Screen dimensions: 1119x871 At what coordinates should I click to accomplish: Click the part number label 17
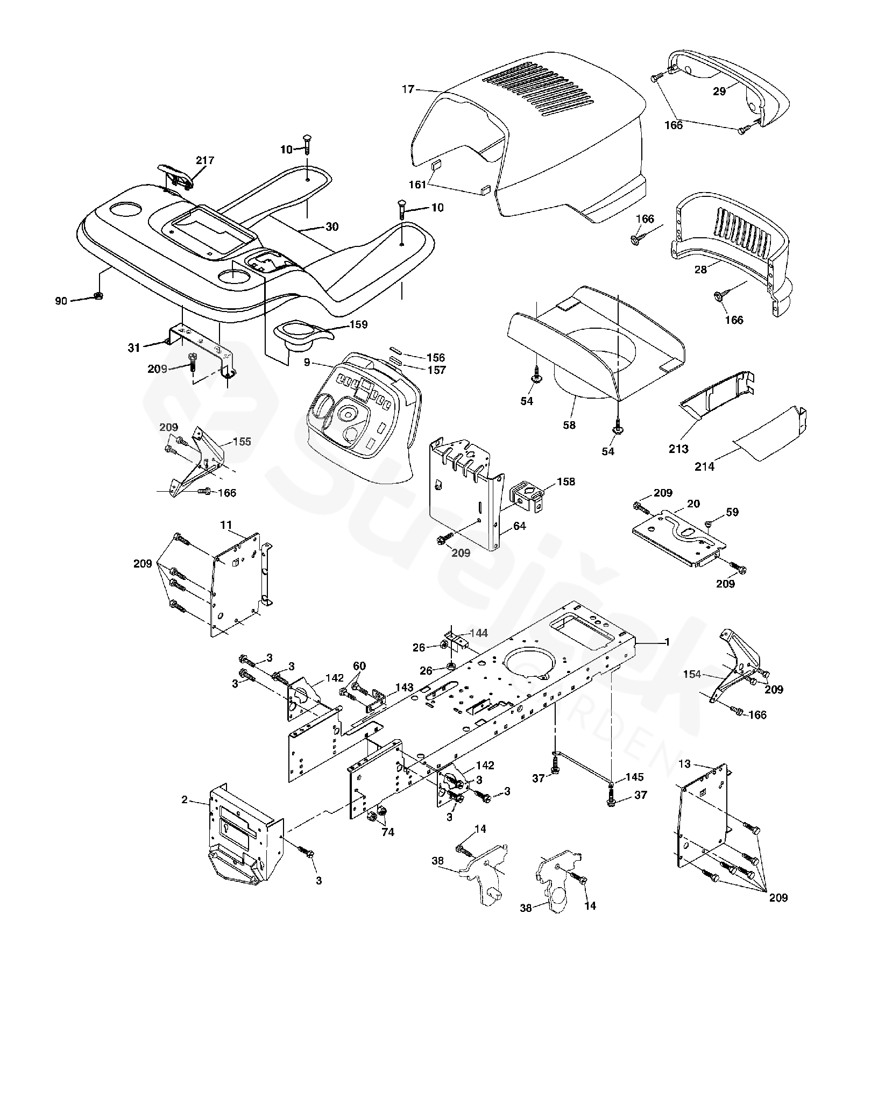[x=408, y=89]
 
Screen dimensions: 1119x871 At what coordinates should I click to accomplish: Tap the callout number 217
[x=205, y=160]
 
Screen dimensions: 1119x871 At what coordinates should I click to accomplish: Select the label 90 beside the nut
[x=61, y=301]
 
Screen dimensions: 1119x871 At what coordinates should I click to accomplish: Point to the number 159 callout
[x=358, y=324]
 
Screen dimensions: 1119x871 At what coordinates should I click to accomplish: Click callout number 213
[x=678, y=448]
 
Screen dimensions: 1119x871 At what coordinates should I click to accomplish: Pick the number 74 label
[x=387, y=832]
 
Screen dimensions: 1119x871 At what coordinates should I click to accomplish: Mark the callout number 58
[x=569, y=425]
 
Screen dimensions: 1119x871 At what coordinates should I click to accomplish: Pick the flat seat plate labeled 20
[x=678, y=538]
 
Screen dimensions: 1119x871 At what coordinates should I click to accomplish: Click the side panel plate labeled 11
[x=237, y=586]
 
